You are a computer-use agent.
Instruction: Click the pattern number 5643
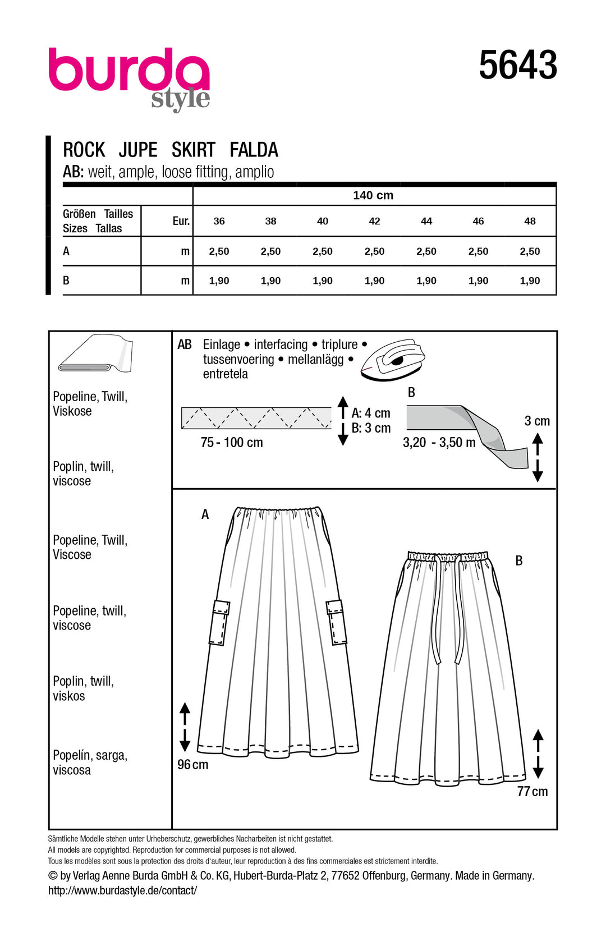pyautogui.click(x=517, y=65)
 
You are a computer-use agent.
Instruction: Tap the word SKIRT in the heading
pyautogui.click(x=193, y=150)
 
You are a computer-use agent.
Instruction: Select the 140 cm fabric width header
pyautogui.click(x=373, y=195)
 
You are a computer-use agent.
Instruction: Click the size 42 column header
pyautogui.click(x=374, y=221)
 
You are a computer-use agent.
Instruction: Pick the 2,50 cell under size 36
pyautogui.click(x=219, y=251)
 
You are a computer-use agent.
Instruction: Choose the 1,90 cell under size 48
pyautogui.click(x=530, y=281)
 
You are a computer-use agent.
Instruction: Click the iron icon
pyautogui.click(x=393, y=359)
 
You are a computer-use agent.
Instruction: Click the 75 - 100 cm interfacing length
pyautogui.click(x=232, y=442)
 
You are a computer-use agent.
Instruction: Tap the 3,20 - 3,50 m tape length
pyautogui.click(x=439, y=442)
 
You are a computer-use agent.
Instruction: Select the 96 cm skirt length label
pyautogui.click(x=192, y=764)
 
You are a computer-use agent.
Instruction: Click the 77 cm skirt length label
pyautogui.click(x=532, y=791)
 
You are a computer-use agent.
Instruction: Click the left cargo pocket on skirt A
pyautogui.click(x=219, y=622)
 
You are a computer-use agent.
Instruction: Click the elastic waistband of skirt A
pyautogui.click(x=278, y=512)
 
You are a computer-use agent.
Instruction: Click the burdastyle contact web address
pyautogui.click(x=122, y=890)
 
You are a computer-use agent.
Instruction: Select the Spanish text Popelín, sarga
pyautogui.click(x=90, y=755)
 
